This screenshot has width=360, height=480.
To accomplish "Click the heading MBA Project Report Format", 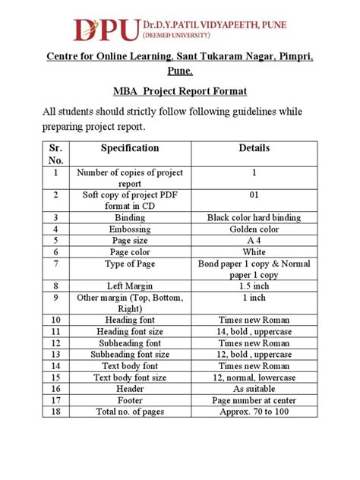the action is [x=179, y=91].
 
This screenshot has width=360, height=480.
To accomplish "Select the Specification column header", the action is [x=130, y=148].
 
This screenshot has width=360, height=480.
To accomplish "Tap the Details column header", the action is [x=253, y=148].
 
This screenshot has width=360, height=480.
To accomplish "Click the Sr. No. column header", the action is [x=55, y=154].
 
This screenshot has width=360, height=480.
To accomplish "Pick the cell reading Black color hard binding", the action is [x=254, y=217].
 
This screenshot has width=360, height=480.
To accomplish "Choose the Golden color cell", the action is [x=254, y=229].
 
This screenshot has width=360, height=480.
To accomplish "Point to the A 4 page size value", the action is [x=254, y=240].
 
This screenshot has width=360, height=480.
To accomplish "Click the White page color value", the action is [x=254, y=251].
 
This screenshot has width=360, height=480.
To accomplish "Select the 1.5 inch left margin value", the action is [x=254, y=286].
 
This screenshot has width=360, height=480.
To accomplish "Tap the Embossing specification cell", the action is [x=130, y=229].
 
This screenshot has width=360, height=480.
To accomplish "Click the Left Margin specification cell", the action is [x=130, y=286].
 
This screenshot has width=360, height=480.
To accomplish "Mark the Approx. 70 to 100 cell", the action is [x=254, y=411].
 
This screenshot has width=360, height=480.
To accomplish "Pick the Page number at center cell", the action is [x=254, y=399].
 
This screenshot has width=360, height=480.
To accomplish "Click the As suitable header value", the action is [x=254, y=388].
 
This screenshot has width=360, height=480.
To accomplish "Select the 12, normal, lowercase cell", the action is [x=254, y=377].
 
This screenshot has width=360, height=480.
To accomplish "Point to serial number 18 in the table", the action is [x=55, y=411].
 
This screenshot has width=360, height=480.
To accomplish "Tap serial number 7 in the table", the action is [x=55, y=264].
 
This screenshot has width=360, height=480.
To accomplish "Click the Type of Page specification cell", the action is [x=130, y=264].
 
